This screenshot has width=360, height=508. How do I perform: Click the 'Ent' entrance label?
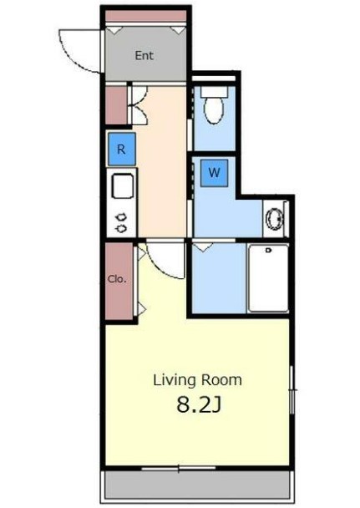tap(144, 55)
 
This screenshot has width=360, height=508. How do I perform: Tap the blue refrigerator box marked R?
tap(121, 149)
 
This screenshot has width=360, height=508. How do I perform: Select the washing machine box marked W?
tap(214, 173)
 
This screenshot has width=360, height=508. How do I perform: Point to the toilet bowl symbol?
tap(214, 109)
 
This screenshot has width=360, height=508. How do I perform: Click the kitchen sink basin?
tap(123, 186)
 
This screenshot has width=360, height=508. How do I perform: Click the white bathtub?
tap(268, 278)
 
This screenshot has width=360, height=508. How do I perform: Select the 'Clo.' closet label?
tap(117, 279)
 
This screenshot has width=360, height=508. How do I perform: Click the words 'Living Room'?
tap(197, 380)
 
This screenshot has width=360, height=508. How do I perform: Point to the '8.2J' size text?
tap(199, 405)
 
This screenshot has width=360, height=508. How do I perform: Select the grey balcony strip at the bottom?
tap(197, 487)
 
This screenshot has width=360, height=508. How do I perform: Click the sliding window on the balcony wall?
tap(179, 468)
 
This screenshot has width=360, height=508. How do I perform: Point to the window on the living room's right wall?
tap(292, 389)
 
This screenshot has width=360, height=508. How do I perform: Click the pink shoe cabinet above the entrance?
tap(146, 16)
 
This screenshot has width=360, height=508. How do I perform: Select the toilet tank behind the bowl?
tap(214, 91)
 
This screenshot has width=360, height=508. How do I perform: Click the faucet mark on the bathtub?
tap(268, 250)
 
